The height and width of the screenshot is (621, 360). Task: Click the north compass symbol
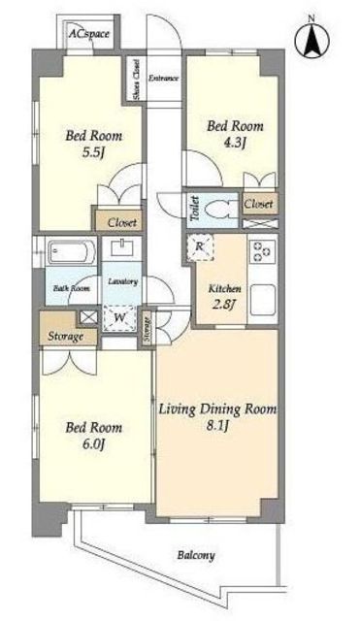click(x=311, y=38)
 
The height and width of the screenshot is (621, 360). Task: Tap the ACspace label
click(x=88, y=34)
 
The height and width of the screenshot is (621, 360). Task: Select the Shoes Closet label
click(x=136, y=80)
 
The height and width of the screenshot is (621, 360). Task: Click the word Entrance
click(x=163, y=78)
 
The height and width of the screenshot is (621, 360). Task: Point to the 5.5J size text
click(x=93, y=153)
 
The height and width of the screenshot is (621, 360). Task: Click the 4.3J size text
click(x=235, y=143)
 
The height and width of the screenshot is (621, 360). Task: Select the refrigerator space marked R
click(x=200, y=247)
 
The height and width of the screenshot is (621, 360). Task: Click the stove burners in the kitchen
click(x=262, y=250)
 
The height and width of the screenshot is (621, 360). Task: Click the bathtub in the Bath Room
click(x=71, y=251)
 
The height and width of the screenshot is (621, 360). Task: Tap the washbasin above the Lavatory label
click(x=122, y=248)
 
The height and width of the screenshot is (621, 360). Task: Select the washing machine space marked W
click(x=120, y=318)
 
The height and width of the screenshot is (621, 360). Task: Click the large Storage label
click(x=66, y=337)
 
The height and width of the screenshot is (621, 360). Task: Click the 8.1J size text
click(x=217, y=426)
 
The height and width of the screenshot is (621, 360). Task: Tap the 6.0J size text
click(x=93, y=444)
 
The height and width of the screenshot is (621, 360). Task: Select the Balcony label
click(x=196, y=555)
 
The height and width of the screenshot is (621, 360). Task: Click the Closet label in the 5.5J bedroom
click(x=122, y=223)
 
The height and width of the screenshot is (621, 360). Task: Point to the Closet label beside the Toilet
click(x=258, y=205)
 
